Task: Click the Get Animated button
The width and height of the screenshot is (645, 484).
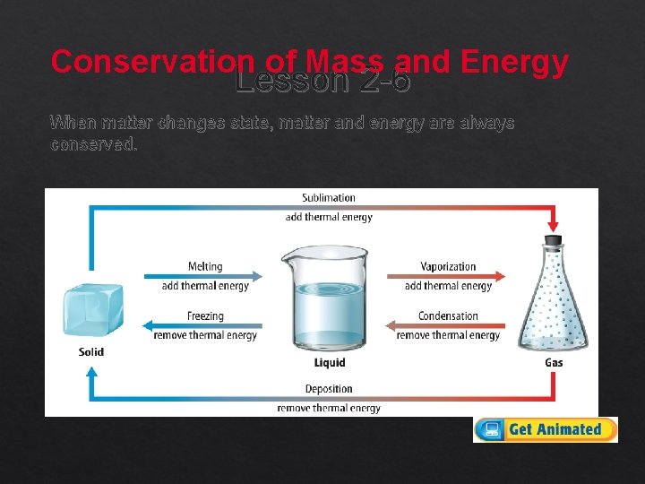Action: tap(546, 429)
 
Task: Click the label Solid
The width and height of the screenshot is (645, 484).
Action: tap(91, 352)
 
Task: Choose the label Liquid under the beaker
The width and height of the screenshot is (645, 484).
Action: tap(330, 363)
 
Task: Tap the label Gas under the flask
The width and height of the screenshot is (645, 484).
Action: tap(554, 363)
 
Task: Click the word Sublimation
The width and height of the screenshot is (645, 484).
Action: tap(329, 198)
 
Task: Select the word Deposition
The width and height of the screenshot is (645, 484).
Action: tap(329, 389)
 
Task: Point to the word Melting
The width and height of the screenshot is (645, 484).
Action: tap(205, 266)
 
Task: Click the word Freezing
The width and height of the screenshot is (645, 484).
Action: tap(205, 315)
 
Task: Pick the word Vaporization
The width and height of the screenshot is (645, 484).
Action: tap(448, 266)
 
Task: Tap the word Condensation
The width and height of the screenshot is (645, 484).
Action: tap(448, 315)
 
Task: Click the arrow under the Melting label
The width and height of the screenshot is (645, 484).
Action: tap(203, 276)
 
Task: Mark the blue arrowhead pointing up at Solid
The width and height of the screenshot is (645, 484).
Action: tap(91, 369)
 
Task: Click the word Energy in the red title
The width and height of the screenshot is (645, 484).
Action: tap(514, 62)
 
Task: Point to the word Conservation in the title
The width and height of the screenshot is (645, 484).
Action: tap(152, 62)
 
